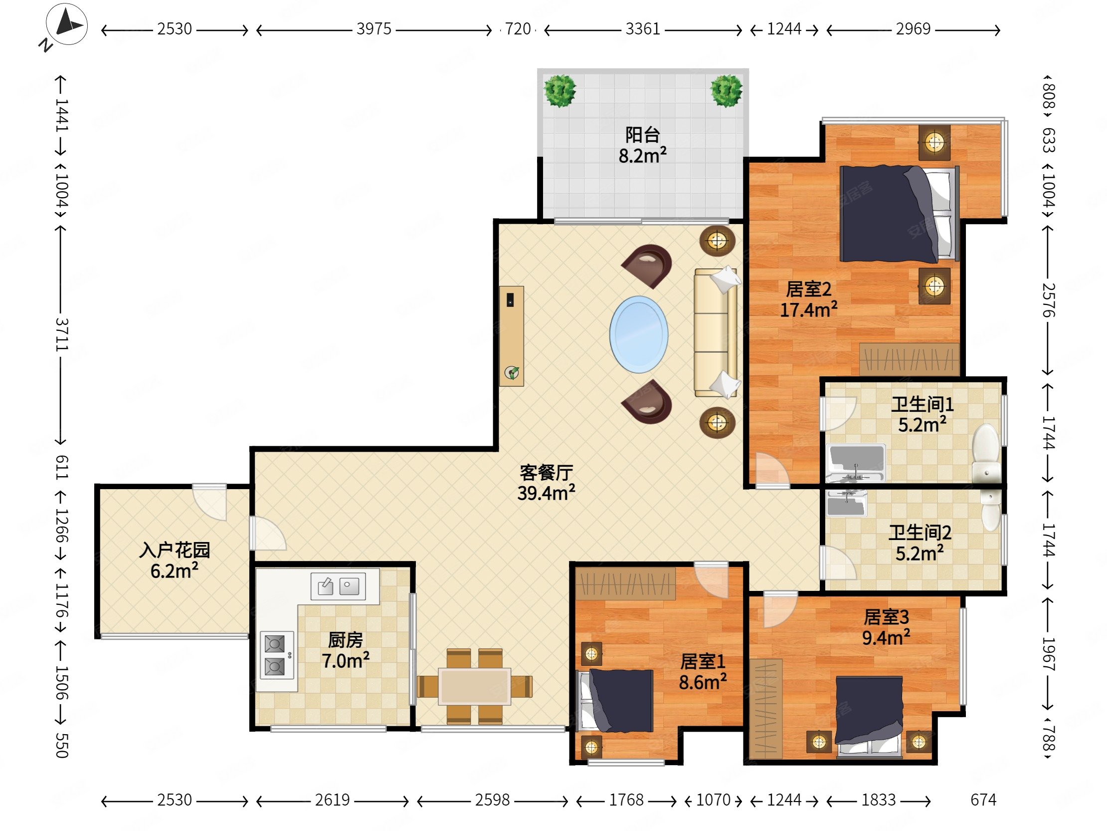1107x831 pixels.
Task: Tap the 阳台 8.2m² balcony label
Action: point(643,145)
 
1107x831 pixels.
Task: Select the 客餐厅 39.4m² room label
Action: point(546,482)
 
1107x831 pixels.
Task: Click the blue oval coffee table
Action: point(639,334)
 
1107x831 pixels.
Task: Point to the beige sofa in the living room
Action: point(716,332)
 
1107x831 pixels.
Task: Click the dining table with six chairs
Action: point(474,686)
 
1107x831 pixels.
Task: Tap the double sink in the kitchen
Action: point(338,585)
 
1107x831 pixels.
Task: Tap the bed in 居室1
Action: point(615,700)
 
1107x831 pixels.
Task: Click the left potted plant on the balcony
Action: point(560,91)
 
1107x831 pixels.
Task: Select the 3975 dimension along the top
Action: point(373,29)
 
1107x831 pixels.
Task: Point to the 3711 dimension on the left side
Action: point(61,334)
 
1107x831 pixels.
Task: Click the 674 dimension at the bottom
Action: point(983,800)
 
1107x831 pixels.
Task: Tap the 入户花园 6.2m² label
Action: point(174,560)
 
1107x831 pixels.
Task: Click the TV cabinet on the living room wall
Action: point(512,336)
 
